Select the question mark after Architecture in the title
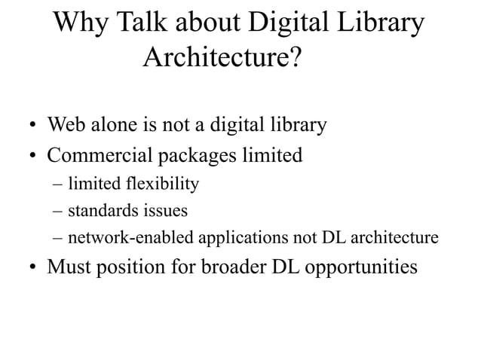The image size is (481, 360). pyautogui.click(x=296, y=57)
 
